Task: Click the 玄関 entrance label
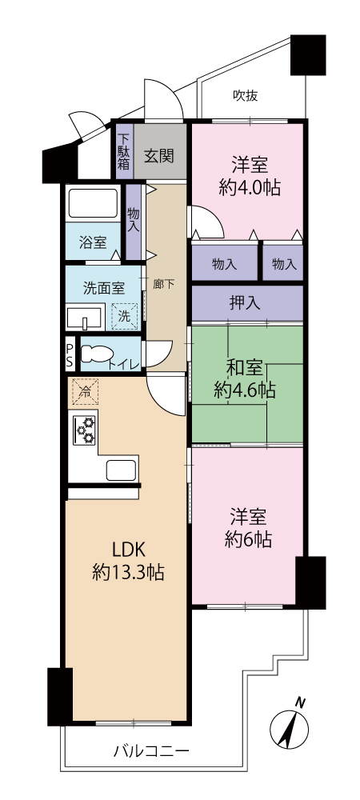tap(158, 156)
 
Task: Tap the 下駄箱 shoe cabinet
tap(124, 151)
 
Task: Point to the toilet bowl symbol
tap(98, 353)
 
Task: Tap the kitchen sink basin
tap(121, 470)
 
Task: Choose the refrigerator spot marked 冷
tap(85, 392)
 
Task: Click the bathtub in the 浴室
tap(94, 204)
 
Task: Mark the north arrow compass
tap(289, 726)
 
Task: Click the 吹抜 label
tap(245, 95)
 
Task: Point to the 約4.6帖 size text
tap(245, 391)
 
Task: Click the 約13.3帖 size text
tap(128, 573)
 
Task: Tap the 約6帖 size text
tap(248, 539)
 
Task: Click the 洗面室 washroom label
tap(103, 288)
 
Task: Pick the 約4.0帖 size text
tap(250, 188)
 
